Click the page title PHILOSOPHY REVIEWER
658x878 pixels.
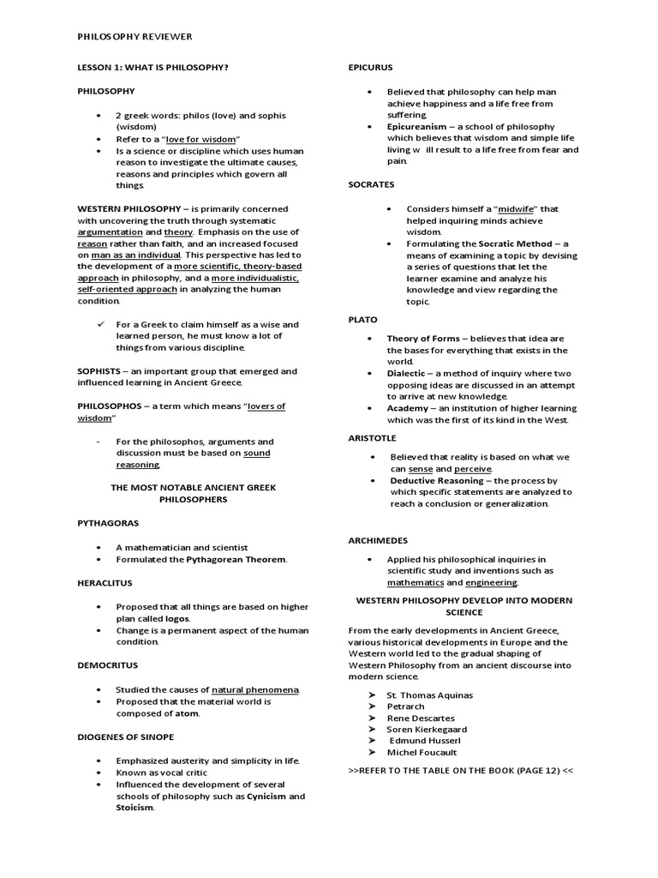tap(135, 37)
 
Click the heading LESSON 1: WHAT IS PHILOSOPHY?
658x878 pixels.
tap(153, 67)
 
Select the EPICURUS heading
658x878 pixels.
tap(371, 67)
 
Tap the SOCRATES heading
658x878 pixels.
tap(371, 184)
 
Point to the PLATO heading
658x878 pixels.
tap(362, 319)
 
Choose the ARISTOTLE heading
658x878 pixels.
tap(372, 438)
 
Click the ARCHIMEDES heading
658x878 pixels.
tap(378, 540)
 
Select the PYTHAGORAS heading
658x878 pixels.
tap(107, 522)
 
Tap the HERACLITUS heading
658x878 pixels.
tap(107, 581)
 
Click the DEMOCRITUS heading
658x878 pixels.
tap(107, 665)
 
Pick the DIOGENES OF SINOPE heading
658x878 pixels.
tap(125, 737)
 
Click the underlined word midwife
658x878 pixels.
tap(517, 208)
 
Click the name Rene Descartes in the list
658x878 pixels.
tap(421, 718)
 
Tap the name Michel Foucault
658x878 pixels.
tap(422, 752)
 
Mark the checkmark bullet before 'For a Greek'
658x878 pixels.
tap(103, 324)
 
